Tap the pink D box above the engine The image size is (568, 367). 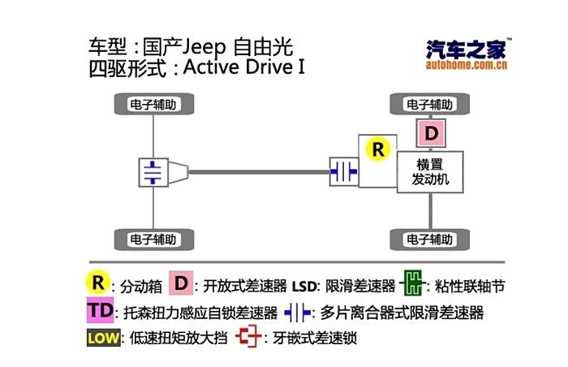pos(431,132)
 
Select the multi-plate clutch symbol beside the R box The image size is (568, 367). pos(344,171)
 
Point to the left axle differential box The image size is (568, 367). pos(153,171)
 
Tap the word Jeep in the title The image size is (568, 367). pos(208,45)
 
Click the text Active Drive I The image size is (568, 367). pos(244,67)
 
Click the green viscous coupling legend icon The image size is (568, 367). pos(413,283)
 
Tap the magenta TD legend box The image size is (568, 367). pos(101,311)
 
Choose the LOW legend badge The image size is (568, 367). pos(102,337)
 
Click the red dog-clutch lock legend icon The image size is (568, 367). pos(246,337)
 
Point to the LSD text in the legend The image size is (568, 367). pos(307,285)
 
